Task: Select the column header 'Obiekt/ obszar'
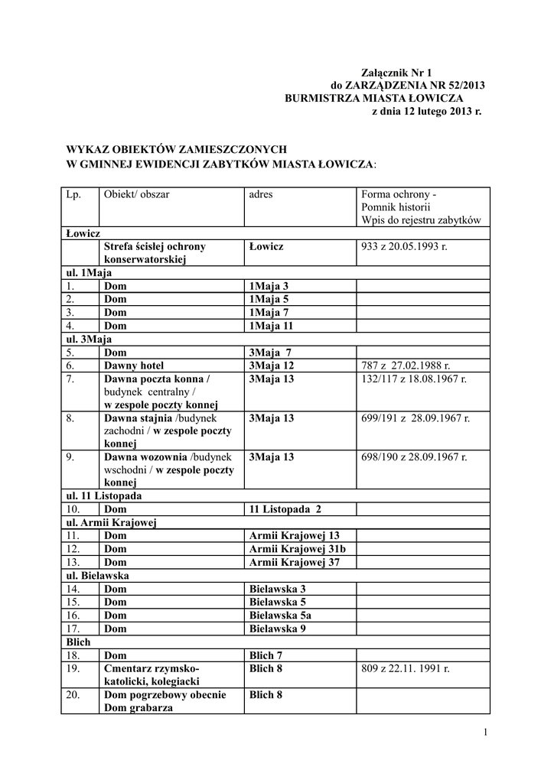pos(137,194)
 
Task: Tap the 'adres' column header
pos(261,194)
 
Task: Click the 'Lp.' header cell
pos(73,194)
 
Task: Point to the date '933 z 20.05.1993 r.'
pos(404,246)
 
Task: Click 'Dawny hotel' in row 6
pos(134,366)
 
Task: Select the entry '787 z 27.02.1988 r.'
pos(406,366)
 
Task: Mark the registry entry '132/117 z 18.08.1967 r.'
pos(414,379)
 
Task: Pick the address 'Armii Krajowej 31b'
pos(298,549)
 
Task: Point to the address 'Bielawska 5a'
pos(280,615)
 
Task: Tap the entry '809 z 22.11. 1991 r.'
pos(406,668)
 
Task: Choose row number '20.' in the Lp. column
pos(73,694)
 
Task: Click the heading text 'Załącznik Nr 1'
pos(402,71)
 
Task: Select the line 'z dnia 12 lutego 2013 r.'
pos(426,112)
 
